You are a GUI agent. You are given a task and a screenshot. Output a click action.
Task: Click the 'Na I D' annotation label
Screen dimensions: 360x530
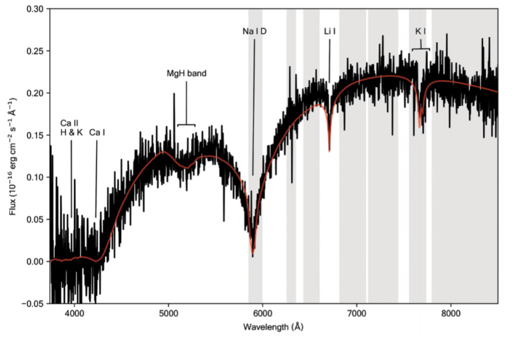(255, 31)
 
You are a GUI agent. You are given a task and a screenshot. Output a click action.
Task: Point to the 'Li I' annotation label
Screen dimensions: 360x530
(330, 31)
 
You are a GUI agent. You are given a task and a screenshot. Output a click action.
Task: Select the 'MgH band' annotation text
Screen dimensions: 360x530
(187, 74)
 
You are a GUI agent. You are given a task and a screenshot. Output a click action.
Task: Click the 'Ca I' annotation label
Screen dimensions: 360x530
(97, 132)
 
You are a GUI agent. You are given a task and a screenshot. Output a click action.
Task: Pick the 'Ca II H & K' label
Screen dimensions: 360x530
(71, 128)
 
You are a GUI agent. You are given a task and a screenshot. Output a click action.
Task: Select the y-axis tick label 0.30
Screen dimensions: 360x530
(36, 9)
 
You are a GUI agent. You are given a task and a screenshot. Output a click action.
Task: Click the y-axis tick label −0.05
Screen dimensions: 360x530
(34, 303)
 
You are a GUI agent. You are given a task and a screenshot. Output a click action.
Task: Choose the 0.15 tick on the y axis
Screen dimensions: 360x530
(36, 135)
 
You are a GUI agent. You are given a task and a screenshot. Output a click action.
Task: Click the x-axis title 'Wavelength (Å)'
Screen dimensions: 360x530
(273, 327)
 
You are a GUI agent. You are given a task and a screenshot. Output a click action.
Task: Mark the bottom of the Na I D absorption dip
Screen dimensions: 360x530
(252, 255)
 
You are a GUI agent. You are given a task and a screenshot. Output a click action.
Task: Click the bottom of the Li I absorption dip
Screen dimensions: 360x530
(329, 150)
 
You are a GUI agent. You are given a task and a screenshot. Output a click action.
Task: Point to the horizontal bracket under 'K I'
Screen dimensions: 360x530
(421, 49)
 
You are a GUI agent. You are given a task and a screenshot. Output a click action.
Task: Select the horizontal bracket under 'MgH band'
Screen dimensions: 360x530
(186, 125)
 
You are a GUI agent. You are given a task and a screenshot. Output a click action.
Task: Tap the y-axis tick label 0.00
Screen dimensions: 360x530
(36, 262)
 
